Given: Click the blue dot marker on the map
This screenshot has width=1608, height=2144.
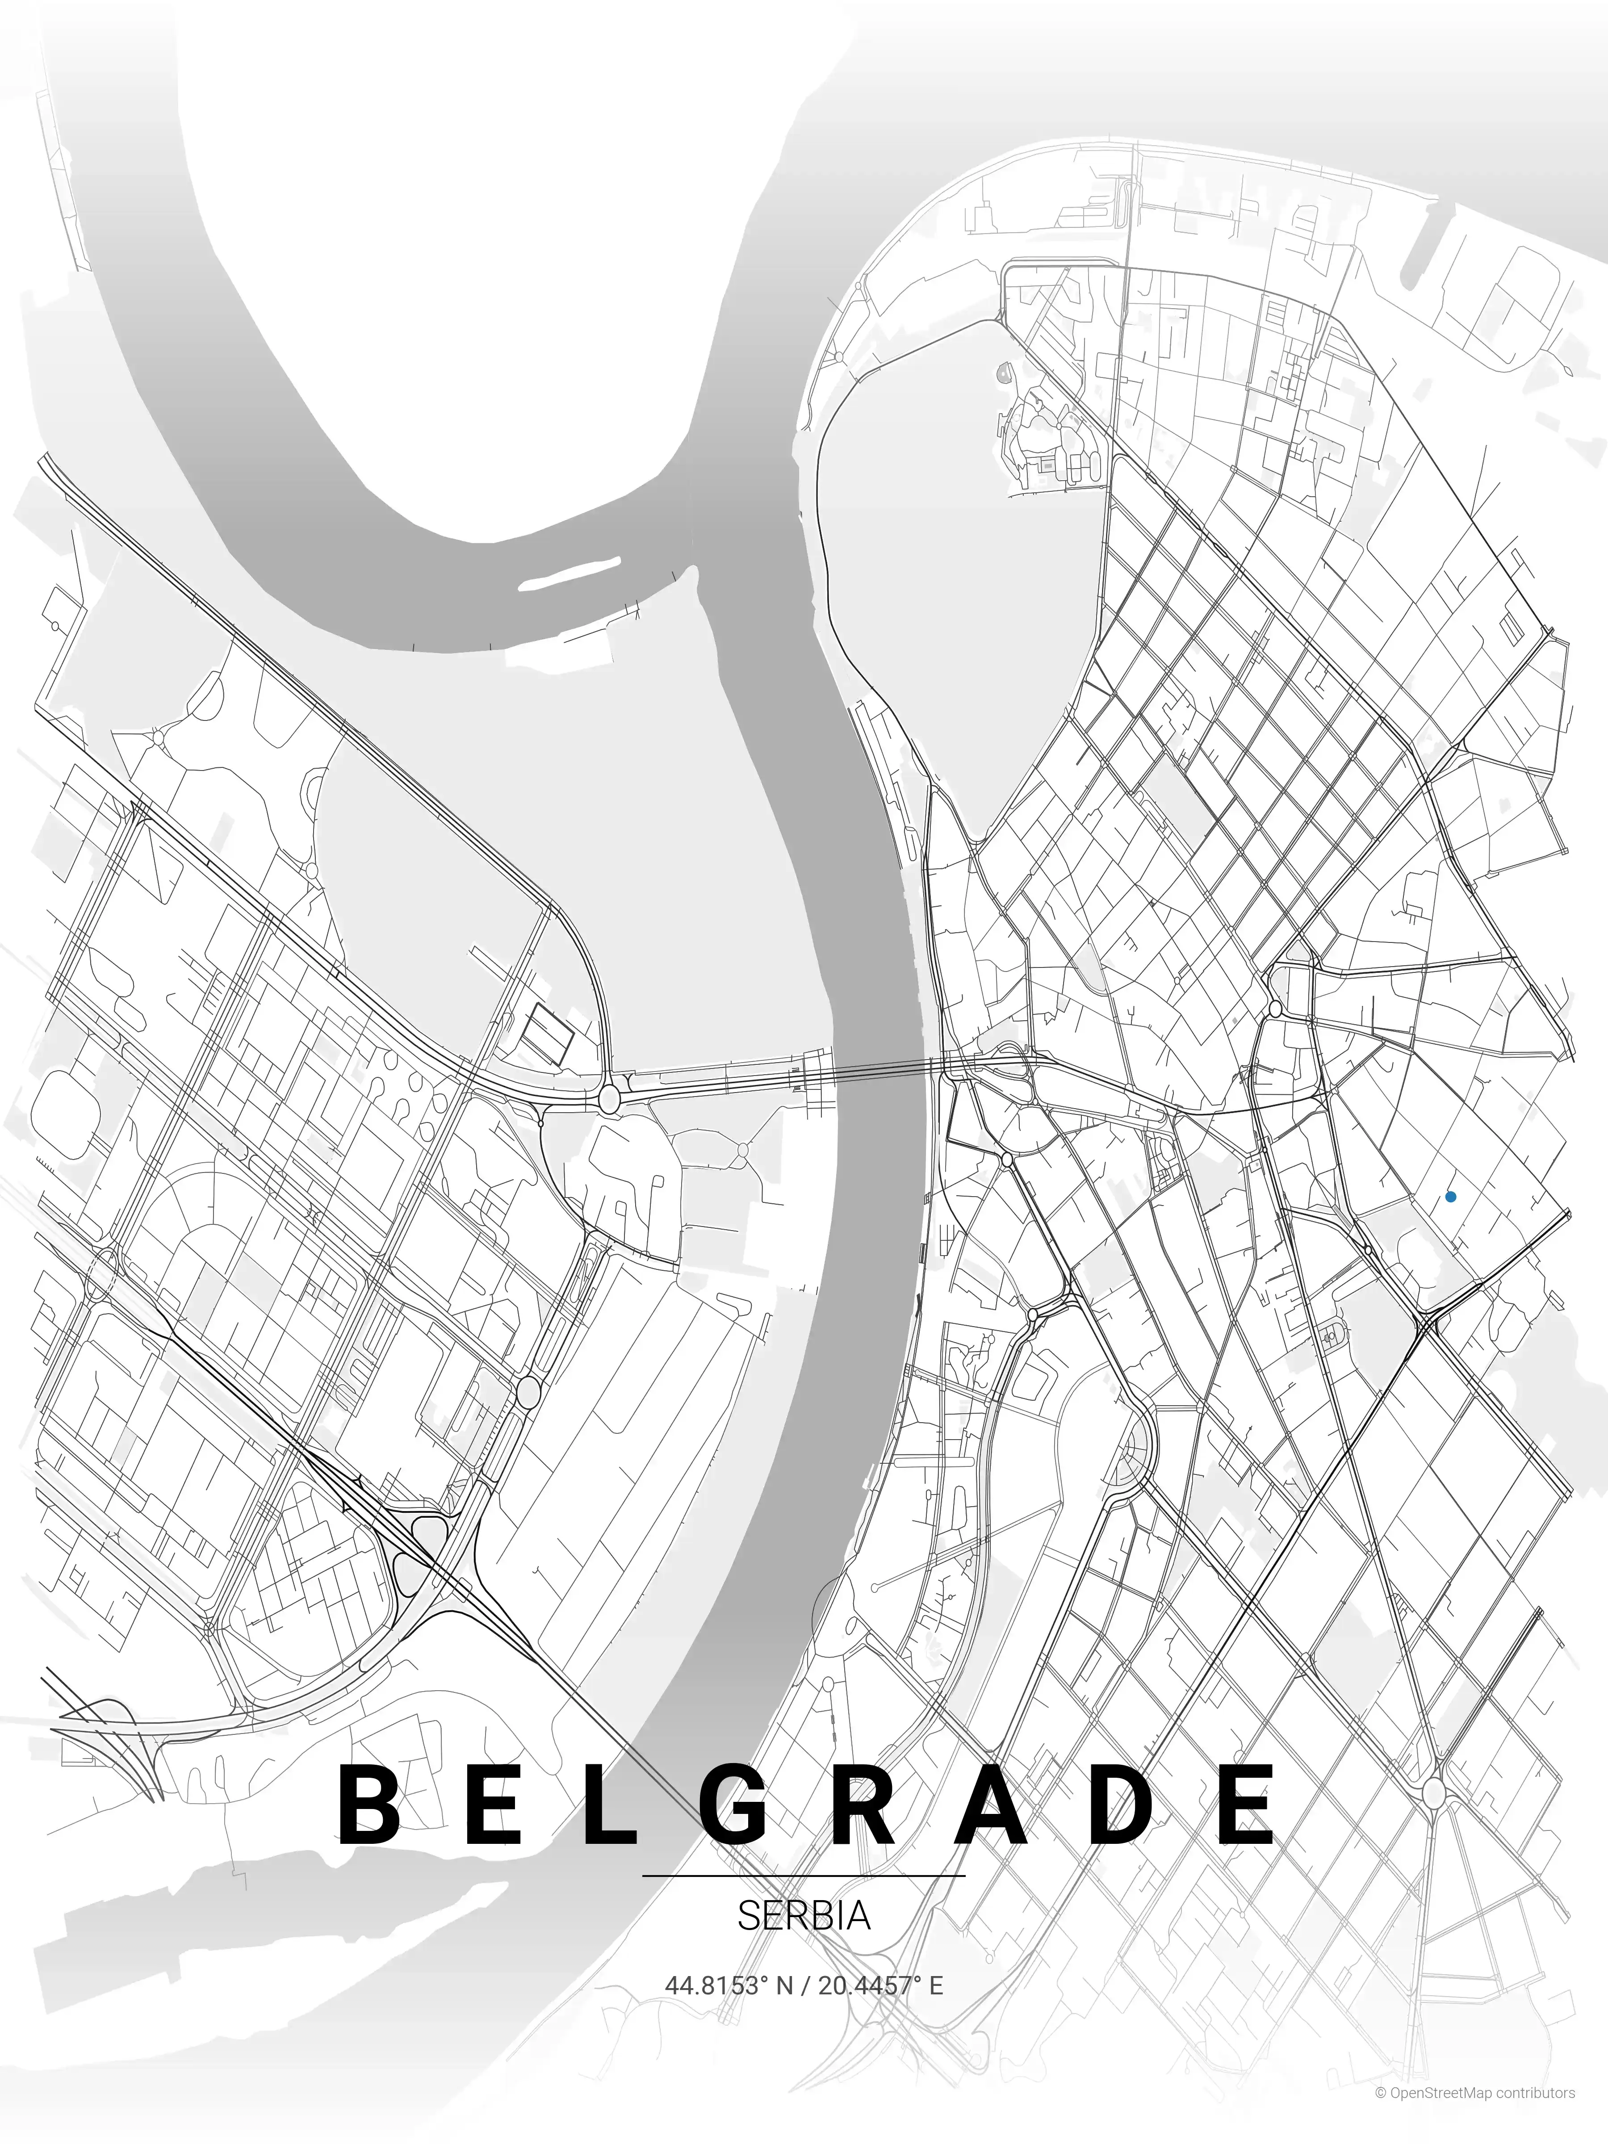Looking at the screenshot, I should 1450,1197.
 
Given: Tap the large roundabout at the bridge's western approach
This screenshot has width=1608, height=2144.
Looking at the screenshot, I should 610,1098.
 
